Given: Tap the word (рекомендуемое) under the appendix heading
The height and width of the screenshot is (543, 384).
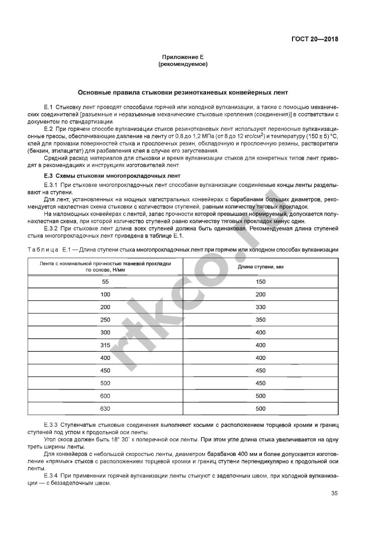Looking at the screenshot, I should [183, 64].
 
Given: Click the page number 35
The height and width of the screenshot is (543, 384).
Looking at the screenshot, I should [334, 493].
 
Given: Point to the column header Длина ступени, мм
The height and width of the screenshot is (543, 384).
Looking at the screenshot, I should [260, 266].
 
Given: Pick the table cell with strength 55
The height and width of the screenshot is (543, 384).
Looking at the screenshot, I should [105, 282].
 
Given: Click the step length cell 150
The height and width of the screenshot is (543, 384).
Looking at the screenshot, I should [260, 282].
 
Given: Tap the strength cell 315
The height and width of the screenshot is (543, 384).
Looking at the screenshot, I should [105, 345].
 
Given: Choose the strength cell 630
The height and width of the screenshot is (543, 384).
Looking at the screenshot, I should [105, 409].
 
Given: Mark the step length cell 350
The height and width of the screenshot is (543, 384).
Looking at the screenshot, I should [260, 320].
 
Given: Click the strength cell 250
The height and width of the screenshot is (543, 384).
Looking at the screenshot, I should [105, 320].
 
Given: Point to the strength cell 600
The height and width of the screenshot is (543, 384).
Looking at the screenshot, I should [105, 396].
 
